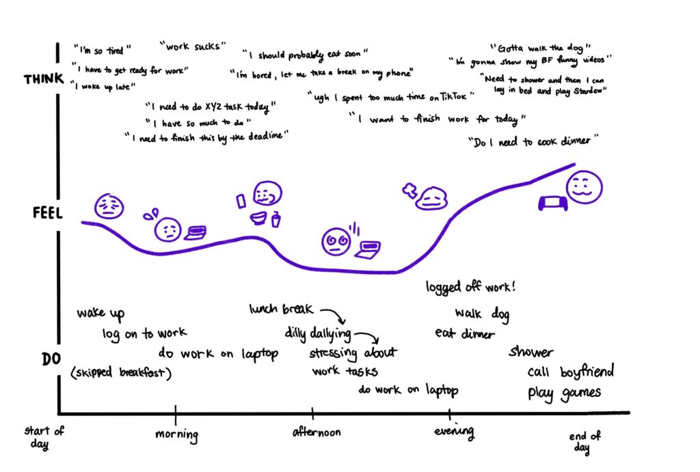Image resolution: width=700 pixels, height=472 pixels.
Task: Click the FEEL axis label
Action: [x=47, y=213]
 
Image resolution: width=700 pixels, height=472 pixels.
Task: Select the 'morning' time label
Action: [x=176, y=434]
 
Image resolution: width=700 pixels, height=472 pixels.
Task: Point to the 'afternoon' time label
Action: [x=317, y=432]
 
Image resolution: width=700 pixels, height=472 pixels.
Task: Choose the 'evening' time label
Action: [x=454, y=432]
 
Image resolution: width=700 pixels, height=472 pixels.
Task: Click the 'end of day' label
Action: [x=584, y=443]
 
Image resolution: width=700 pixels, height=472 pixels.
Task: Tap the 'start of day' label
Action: [x=44, y=437]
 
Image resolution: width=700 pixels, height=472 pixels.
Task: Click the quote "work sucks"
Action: [x=192, y=46]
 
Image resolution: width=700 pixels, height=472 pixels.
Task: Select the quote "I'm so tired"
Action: [x=103, y=48]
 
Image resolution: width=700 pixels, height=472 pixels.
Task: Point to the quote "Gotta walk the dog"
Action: [x=539, y=48]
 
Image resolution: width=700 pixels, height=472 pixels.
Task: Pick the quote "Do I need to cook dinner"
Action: [x=533, y=141]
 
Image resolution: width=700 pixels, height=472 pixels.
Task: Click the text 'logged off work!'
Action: [x=470, y=286]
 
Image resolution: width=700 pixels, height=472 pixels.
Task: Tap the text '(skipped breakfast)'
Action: [x=121, y=373]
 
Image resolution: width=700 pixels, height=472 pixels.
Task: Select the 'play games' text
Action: [x=564, y=393]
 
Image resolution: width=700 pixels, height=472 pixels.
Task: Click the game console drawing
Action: [x=552, y=203]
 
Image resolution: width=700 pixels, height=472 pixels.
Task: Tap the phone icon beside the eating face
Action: [x=241, y=201]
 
